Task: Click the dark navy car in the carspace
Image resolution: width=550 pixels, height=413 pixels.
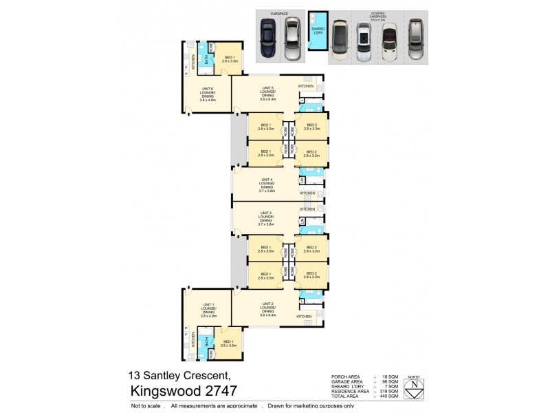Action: pos(268,40)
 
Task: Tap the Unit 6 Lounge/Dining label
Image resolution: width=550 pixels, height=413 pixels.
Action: pos(208,94)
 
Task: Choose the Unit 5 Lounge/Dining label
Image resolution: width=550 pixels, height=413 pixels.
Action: pos(268,92)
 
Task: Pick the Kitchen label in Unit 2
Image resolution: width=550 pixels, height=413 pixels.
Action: pos(304,316)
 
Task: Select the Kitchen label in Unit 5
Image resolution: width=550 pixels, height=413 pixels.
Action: pos(306,86)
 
